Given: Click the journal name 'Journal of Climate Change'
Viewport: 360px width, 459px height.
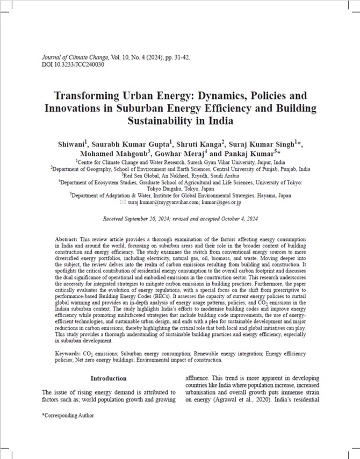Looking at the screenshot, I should coord(73,58).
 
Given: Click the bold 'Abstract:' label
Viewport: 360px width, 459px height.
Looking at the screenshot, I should coord(67,238).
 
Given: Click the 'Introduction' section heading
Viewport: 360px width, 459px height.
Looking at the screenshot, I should coord(108,378).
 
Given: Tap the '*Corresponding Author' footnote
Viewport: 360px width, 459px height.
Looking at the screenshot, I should coord(68,415).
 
